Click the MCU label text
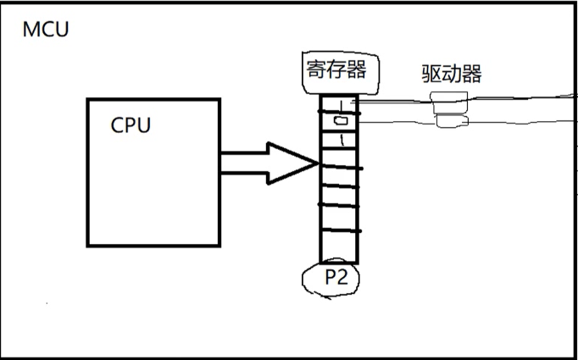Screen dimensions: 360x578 click(x=47, y=30)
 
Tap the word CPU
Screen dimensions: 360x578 click(x=131, y=125)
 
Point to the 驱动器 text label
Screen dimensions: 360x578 click(x=451, y=74)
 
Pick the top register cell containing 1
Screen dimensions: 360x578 click(x=339, y=106)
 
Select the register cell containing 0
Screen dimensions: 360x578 click(x=339, y=123)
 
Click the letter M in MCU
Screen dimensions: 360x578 click(x=31, y=30)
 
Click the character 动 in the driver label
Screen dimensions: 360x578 click(x=451, y=74)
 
